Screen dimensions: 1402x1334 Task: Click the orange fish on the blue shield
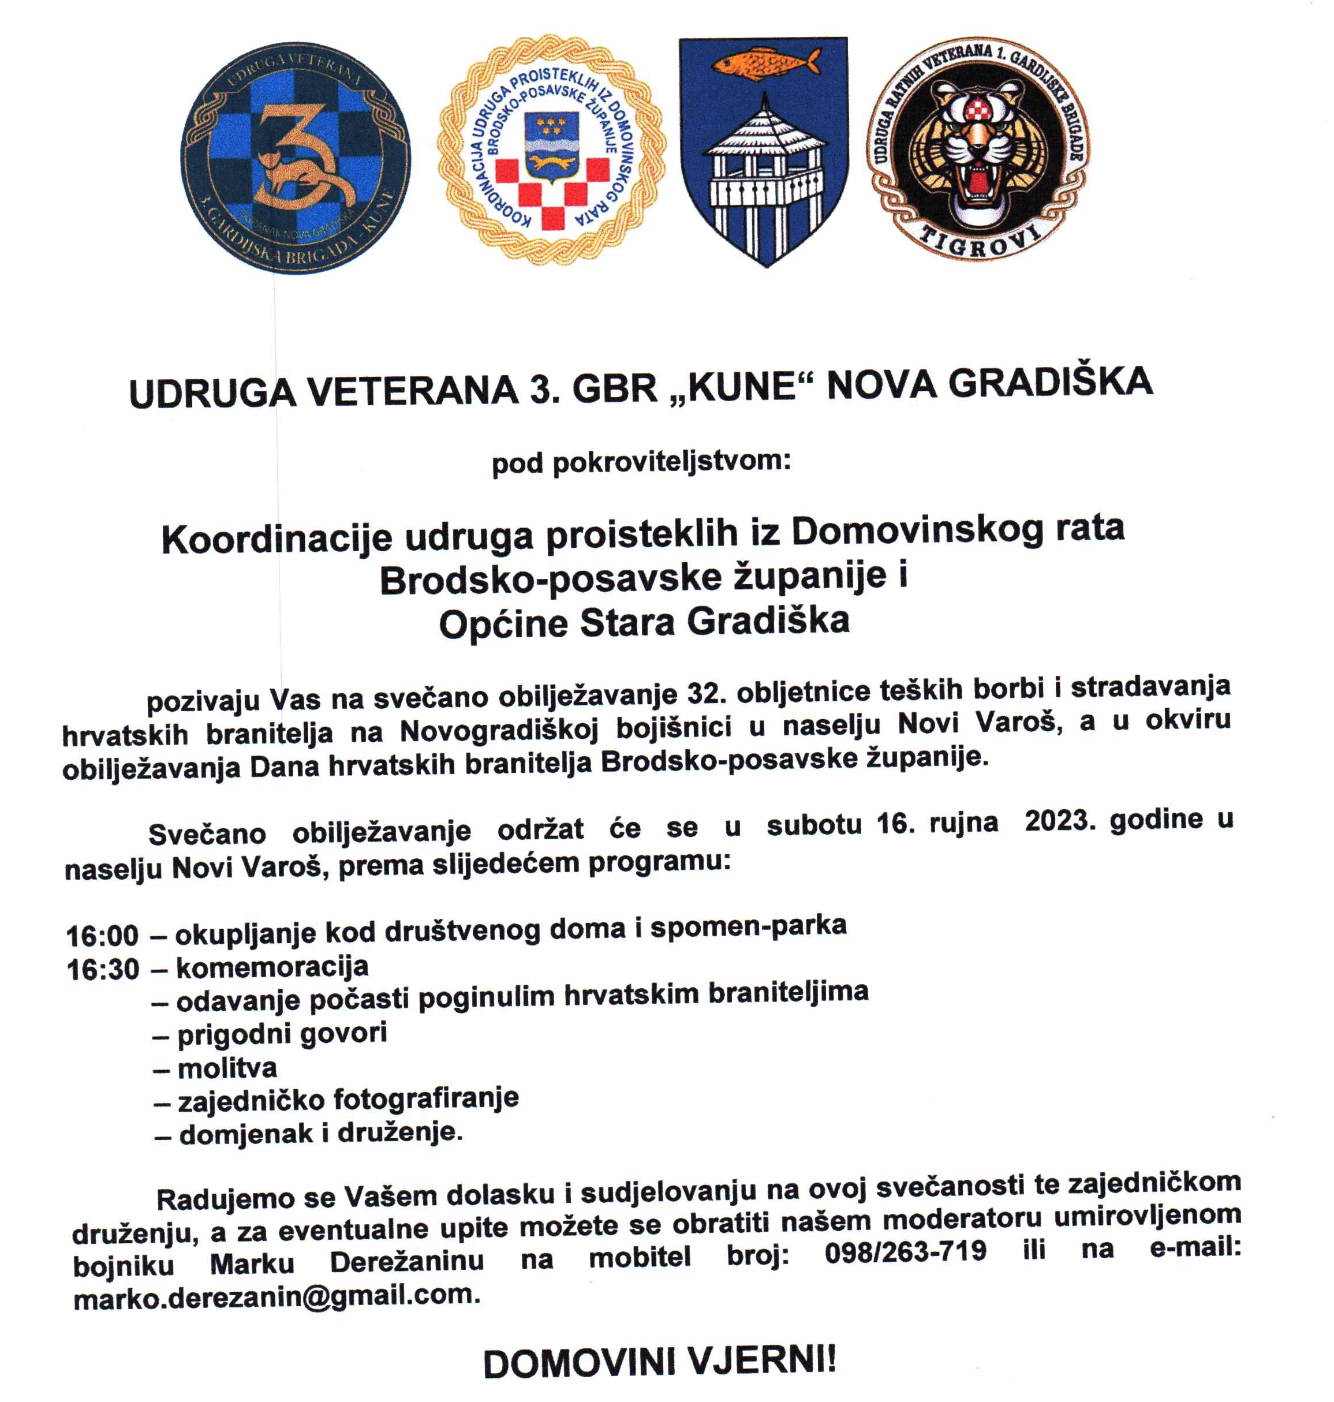764,62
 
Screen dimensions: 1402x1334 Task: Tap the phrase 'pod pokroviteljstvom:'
641,463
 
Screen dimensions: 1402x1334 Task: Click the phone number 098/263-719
905,1251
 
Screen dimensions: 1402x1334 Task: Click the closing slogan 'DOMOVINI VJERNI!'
660,1363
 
